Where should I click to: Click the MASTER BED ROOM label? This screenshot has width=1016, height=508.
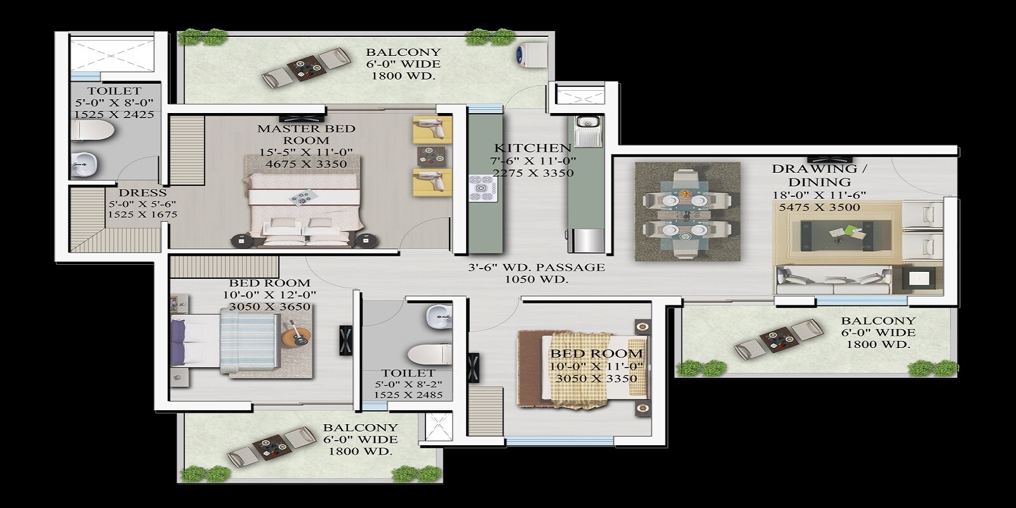(306, 134)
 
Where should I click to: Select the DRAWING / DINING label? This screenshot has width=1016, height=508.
(819, 175)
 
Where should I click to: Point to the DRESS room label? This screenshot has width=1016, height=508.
(142, 192)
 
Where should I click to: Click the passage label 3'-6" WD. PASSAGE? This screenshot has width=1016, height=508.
(537, 267)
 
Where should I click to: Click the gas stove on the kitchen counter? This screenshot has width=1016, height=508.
(481, 188)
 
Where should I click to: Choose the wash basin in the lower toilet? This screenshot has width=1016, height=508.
(438, 316)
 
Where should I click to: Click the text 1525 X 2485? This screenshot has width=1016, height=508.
(408, 395)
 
